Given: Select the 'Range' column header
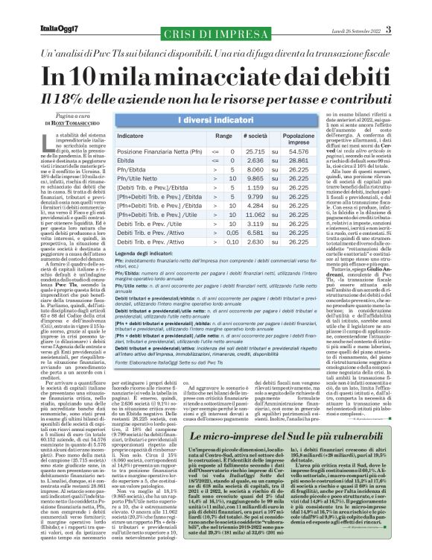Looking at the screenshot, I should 203,137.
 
